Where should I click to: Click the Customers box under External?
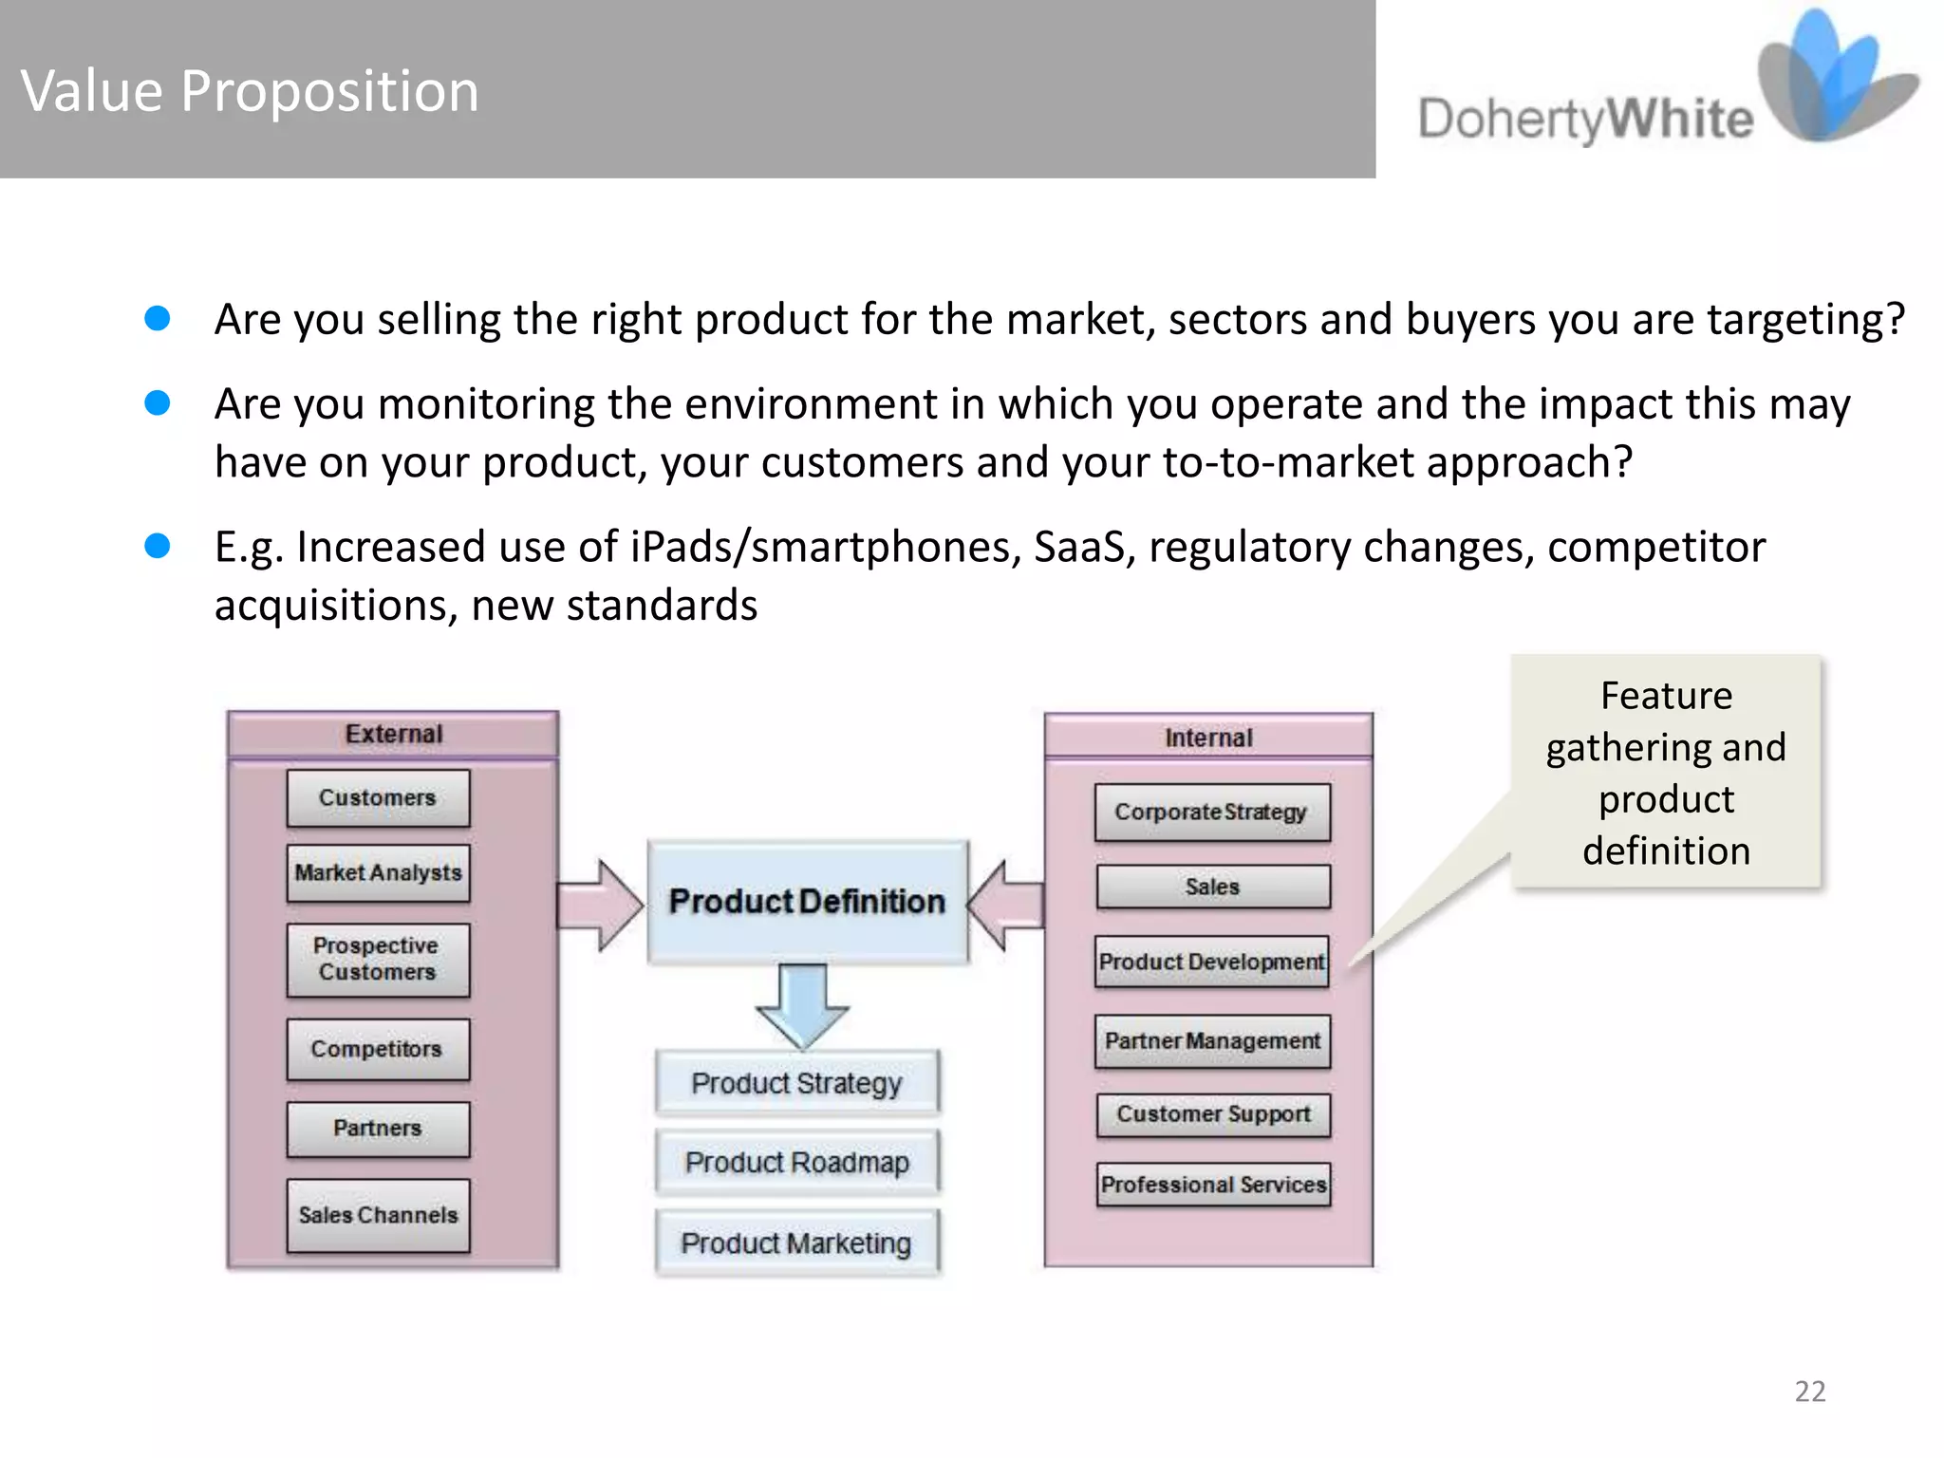coord(378,798)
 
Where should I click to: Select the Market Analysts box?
coord(378,872)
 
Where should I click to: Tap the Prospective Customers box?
coord(378,959)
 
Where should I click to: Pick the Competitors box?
coord(378,1049)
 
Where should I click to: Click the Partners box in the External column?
coord(378,1128)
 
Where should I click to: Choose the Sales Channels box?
coord(378,1215)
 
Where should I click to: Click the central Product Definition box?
coord(808,901)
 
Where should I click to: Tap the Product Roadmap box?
coord(797,1162)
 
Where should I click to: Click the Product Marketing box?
coord(797,1243)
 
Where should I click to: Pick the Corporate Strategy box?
coord(1211,813)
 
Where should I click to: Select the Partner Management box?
coord(1212,1041)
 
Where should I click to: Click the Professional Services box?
coord(1213,1185)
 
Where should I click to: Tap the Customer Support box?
coord(1213,1113)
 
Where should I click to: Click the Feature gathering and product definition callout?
coord(1666,773)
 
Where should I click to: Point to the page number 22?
coord(1809,1391)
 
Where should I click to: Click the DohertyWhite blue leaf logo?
coord(1832,81)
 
